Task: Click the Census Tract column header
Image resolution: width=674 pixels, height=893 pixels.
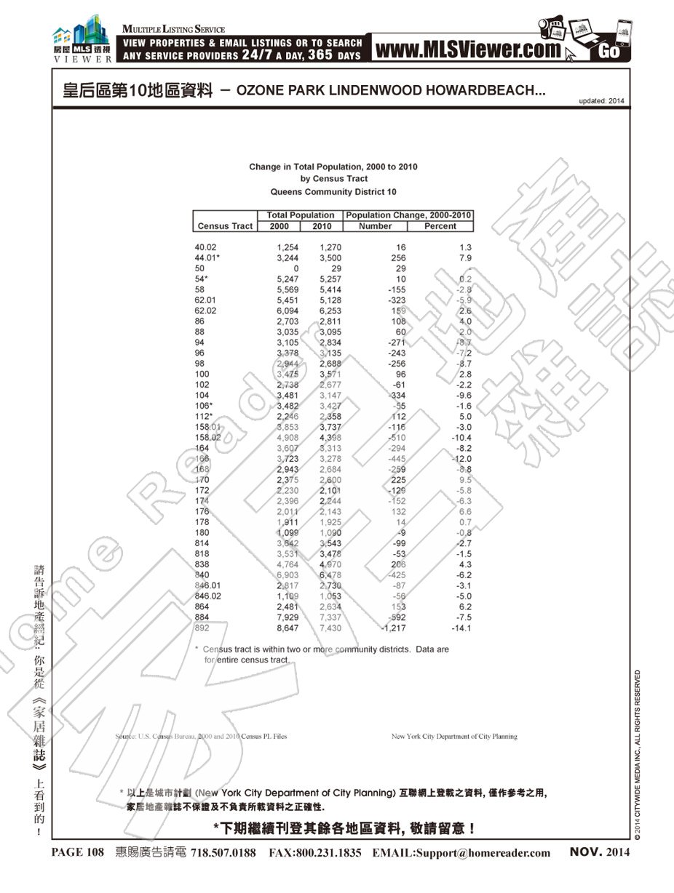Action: tap(225, 226)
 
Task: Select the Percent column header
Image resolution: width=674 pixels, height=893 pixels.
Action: tap(440, 226)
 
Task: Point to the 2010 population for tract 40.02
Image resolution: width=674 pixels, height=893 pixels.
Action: tap(330, 247)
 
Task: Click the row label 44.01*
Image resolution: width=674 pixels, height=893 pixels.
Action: tap(207, 258)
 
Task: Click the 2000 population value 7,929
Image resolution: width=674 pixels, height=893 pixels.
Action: tap(288, 617)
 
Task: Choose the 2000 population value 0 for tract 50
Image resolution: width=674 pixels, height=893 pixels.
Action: tap(296, 268)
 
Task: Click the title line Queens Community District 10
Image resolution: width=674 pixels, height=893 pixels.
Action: tap(333, 193)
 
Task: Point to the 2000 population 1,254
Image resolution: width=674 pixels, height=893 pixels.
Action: tap(288, 247)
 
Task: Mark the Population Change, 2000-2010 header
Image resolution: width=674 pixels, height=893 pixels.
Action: tap(409, 215)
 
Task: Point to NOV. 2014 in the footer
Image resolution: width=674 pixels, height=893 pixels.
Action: tap(600, 852)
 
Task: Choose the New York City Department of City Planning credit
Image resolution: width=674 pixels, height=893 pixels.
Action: tap(454, 737)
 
